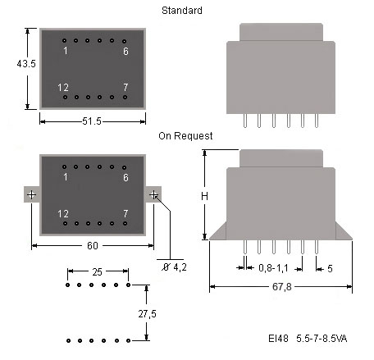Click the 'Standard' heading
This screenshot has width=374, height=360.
182,11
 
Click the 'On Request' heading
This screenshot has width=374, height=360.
185,136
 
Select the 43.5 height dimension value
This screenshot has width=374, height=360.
26,64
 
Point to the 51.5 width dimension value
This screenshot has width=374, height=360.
92,121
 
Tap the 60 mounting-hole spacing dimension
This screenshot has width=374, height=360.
93,245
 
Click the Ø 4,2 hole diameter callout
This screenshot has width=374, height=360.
174,267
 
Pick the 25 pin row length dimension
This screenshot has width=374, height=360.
97,272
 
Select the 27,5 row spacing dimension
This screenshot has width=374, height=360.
147,314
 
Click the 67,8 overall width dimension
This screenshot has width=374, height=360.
282,287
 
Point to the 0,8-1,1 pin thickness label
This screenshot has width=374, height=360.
273,268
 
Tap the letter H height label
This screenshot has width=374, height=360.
204,196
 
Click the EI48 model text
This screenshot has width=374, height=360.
278,339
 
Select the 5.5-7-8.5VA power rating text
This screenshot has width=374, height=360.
322,339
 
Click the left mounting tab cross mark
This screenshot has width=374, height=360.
32,194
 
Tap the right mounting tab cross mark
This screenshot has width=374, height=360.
153,194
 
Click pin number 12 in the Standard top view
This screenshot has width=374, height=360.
63,88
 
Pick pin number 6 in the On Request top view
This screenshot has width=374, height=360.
125,177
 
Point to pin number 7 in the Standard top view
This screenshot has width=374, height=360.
125,87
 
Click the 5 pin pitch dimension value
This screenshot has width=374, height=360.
330,269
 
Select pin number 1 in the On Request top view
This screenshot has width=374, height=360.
66,177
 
